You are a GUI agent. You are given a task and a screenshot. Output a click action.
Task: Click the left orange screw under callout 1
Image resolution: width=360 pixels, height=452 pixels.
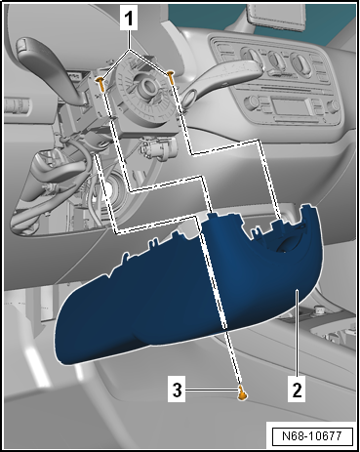100,83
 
